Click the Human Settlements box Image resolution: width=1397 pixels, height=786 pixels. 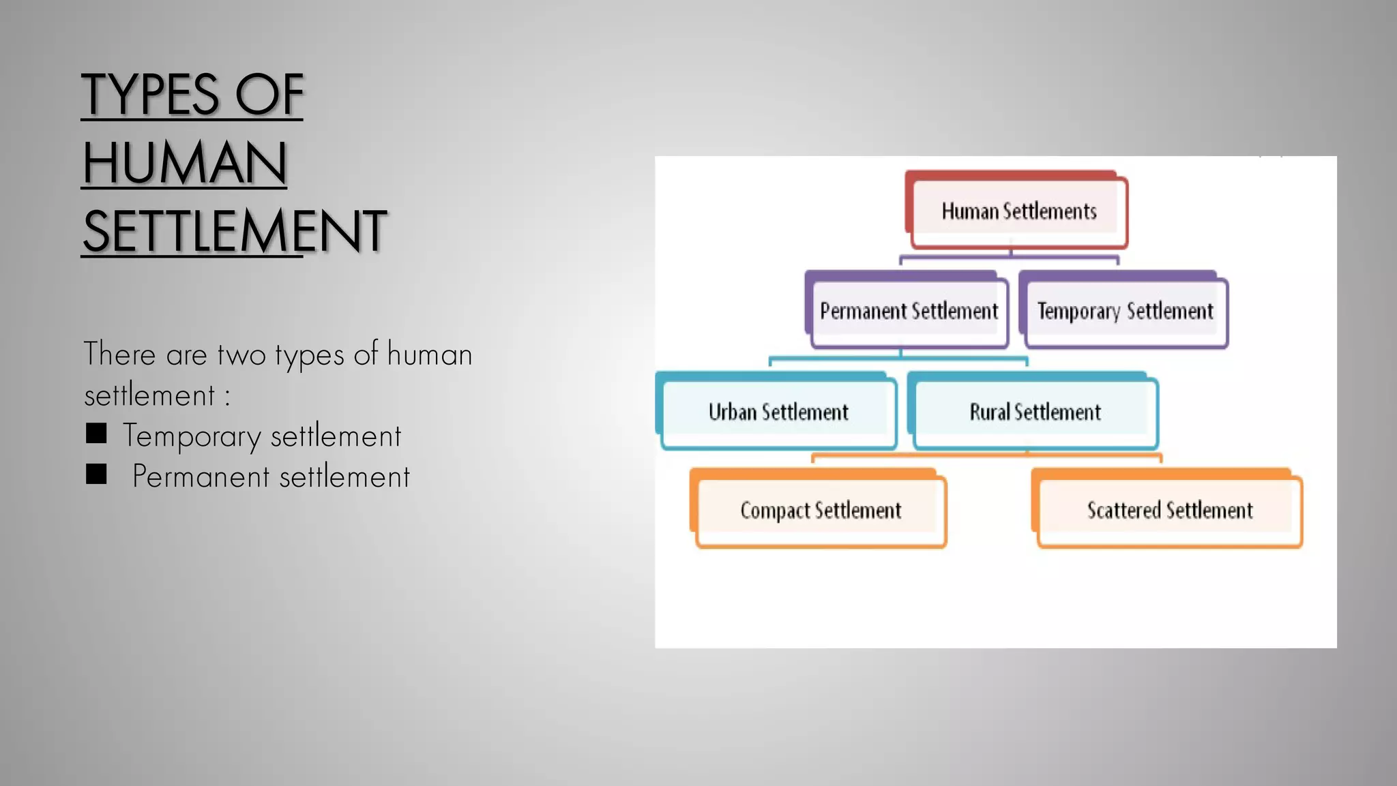[x=1018, y=212]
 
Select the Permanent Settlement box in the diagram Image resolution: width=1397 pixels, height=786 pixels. [x=908, y=312]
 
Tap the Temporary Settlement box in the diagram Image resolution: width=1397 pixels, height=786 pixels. [x=1125, y=312]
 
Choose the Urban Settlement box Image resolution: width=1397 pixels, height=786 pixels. [x=778, y=412]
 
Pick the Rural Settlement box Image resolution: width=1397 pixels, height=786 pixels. [x=1035, y=412]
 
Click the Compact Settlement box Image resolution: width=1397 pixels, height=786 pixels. [x=820, y=511]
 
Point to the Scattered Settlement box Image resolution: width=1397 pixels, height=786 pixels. [x=1169, y=511]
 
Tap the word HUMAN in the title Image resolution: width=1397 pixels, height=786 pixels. [x=184, y=163]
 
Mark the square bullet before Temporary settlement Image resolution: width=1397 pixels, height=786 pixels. [x=96, y=434]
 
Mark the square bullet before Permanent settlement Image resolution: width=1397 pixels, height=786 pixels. [x=96, y=474]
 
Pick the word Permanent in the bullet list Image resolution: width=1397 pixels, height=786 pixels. [x=201, y=477]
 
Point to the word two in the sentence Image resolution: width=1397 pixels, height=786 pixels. [x=241, y=355]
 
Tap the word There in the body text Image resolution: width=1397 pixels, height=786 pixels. [x=119, y=354]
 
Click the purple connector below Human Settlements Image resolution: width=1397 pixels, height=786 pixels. [x=1010, y=258]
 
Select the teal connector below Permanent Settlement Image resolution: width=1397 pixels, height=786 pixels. [x=900, y=357]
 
